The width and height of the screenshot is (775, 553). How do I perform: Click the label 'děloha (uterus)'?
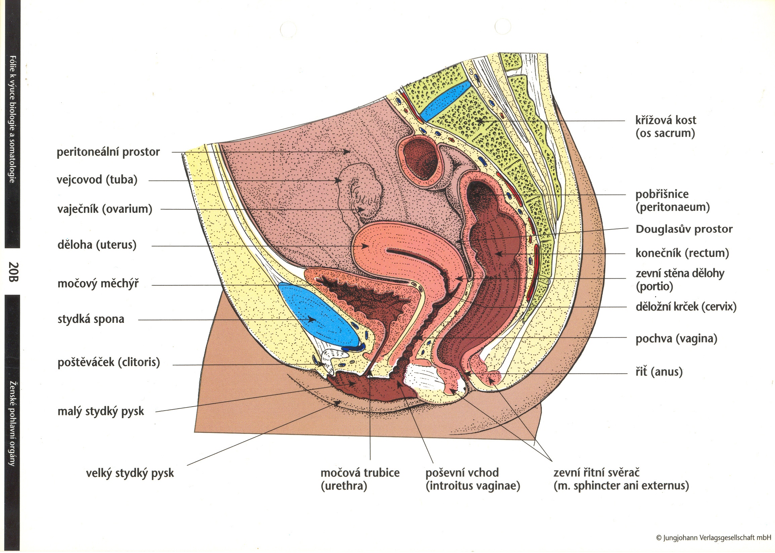97,245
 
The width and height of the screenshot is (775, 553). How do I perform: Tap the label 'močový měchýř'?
98,284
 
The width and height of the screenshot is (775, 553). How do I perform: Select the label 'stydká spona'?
91,319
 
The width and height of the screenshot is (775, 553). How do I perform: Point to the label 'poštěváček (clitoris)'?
109,362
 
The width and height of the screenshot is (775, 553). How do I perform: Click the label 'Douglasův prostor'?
684,229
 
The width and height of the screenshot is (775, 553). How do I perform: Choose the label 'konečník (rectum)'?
682,253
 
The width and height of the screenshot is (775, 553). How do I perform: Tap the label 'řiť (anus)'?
659,372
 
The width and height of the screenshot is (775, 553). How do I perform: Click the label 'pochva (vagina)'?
676,339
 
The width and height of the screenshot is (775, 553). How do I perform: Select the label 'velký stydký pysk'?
130,473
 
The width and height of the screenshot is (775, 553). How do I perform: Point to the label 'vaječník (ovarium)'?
105,209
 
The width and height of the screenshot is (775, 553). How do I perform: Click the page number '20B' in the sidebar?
13,271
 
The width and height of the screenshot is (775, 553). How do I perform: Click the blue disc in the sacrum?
445,101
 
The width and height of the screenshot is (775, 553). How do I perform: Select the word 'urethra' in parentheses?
344,486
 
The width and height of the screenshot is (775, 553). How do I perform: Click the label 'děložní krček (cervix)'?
686,307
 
